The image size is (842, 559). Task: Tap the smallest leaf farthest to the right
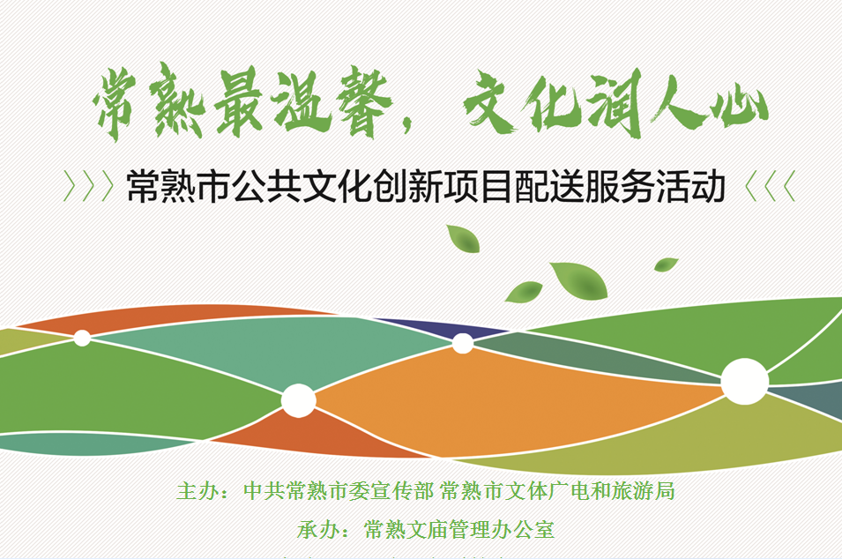(x=666, y=264)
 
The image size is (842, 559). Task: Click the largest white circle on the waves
(x=744, y=382)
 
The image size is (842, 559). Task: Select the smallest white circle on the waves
(x=82, y=338)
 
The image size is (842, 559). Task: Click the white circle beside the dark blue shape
(x=463, y=343)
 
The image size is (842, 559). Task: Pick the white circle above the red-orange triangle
(x=299, y=400)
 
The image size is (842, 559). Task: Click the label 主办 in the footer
(x=197, y=491)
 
